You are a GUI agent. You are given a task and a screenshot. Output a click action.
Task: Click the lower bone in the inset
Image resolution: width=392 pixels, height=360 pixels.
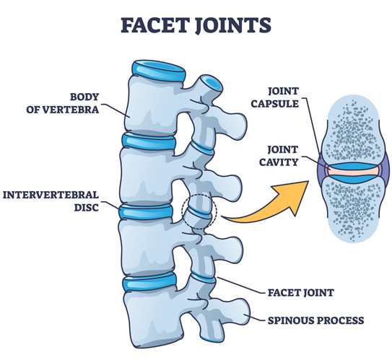(x=354, y=209)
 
